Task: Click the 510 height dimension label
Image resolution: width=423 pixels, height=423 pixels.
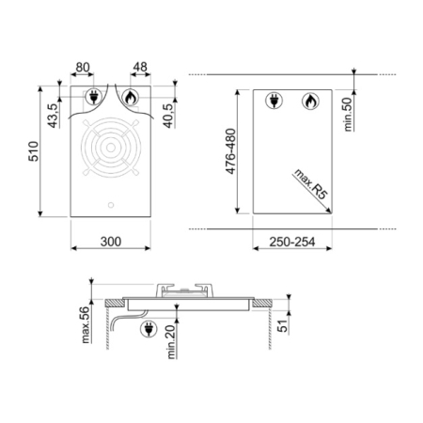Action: tap(34, 151)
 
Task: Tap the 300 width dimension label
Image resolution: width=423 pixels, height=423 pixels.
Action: tap(111, 242)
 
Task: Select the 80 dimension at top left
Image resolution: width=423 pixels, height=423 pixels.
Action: tap(83, 67)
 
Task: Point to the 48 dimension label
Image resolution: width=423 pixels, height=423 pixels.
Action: tap(140, 67)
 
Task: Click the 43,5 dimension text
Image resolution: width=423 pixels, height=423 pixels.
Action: tap(53, 116)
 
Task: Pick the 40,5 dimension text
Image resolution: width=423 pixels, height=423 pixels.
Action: tap(168, 116)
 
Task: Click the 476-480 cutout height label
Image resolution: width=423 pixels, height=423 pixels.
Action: tap(230, 151)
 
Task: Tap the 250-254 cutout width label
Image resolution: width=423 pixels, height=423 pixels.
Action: tap(292, 242)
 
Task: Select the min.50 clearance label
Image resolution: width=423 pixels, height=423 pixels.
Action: tap(348, 115)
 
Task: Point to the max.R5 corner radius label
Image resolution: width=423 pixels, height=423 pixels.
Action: tap(310, 184)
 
